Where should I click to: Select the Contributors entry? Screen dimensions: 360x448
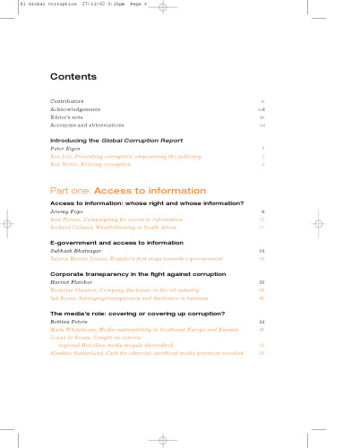coord(69,101)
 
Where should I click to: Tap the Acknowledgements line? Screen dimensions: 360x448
coord(76,109)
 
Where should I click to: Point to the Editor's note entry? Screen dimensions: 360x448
coord(68,117)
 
